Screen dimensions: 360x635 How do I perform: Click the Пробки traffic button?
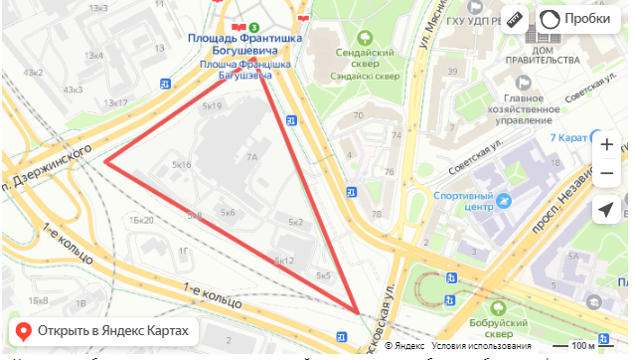click(577, 19)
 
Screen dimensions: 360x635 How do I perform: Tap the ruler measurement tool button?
click(514, 19)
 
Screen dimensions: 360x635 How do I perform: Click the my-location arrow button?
click(606, 210)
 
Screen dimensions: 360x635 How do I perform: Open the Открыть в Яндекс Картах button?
click(103, 331)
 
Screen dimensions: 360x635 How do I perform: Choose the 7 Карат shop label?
click(575, 136)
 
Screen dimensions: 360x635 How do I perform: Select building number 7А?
click(252, 156)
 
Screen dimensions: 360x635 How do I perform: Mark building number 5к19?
click(211, 104)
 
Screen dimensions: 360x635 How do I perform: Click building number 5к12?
click(285, 261)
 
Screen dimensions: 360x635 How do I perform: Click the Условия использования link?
click(466, 346)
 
